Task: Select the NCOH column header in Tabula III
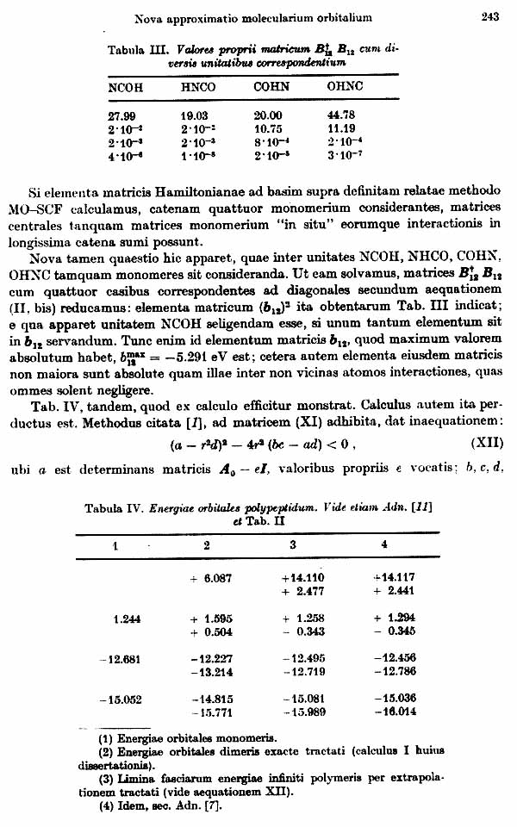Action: click(x=126, y=87)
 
